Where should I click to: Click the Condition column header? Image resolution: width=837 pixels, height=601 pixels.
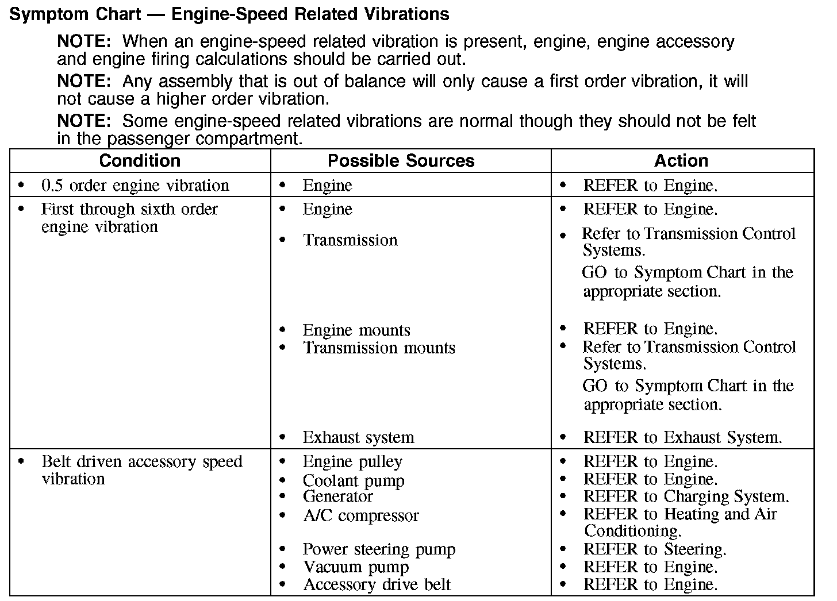[x=140, y=161]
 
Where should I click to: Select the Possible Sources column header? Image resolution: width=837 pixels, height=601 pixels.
[x=401, y=161]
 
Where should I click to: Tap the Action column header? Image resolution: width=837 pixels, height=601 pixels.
[x=681, y=161]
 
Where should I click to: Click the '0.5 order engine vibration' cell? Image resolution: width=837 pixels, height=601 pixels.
[x=135, y=186]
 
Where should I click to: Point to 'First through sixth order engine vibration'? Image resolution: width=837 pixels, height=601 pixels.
[x=129, y=218]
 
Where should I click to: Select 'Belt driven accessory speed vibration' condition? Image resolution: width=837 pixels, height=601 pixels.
[x=141, y=470]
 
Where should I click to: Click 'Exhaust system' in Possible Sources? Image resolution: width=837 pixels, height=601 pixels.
[x=358, y=437]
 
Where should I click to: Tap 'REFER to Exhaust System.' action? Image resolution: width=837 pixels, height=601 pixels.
[x=682, y=437]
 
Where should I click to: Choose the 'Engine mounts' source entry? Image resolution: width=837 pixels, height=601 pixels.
[x=356, y=330]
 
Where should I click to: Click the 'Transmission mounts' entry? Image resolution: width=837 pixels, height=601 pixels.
[x=379, y=348]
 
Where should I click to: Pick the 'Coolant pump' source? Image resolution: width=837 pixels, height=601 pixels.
[x=354, y=480]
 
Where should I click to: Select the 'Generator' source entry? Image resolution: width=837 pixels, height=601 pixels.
[x=338, y=496]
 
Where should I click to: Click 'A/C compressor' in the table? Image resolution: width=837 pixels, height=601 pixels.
[x=361, y=515]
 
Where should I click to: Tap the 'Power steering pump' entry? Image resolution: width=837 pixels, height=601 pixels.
[x=379, y=549]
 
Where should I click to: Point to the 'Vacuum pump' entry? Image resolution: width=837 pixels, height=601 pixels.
[x=356, y=567]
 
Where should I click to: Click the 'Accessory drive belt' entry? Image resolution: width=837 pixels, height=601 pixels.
[x=377, y=585]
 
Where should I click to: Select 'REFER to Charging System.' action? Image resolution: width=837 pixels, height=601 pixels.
[x=686, y=496]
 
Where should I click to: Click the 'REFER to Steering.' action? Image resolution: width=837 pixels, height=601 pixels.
[x=655, y=549]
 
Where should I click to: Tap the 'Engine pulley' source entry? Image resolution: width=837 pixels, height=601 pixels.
[x=352, y=461]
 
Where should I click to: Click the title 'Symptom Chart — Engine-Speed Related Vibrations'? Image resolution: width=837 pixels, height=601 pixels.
[x=229, y=14]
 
